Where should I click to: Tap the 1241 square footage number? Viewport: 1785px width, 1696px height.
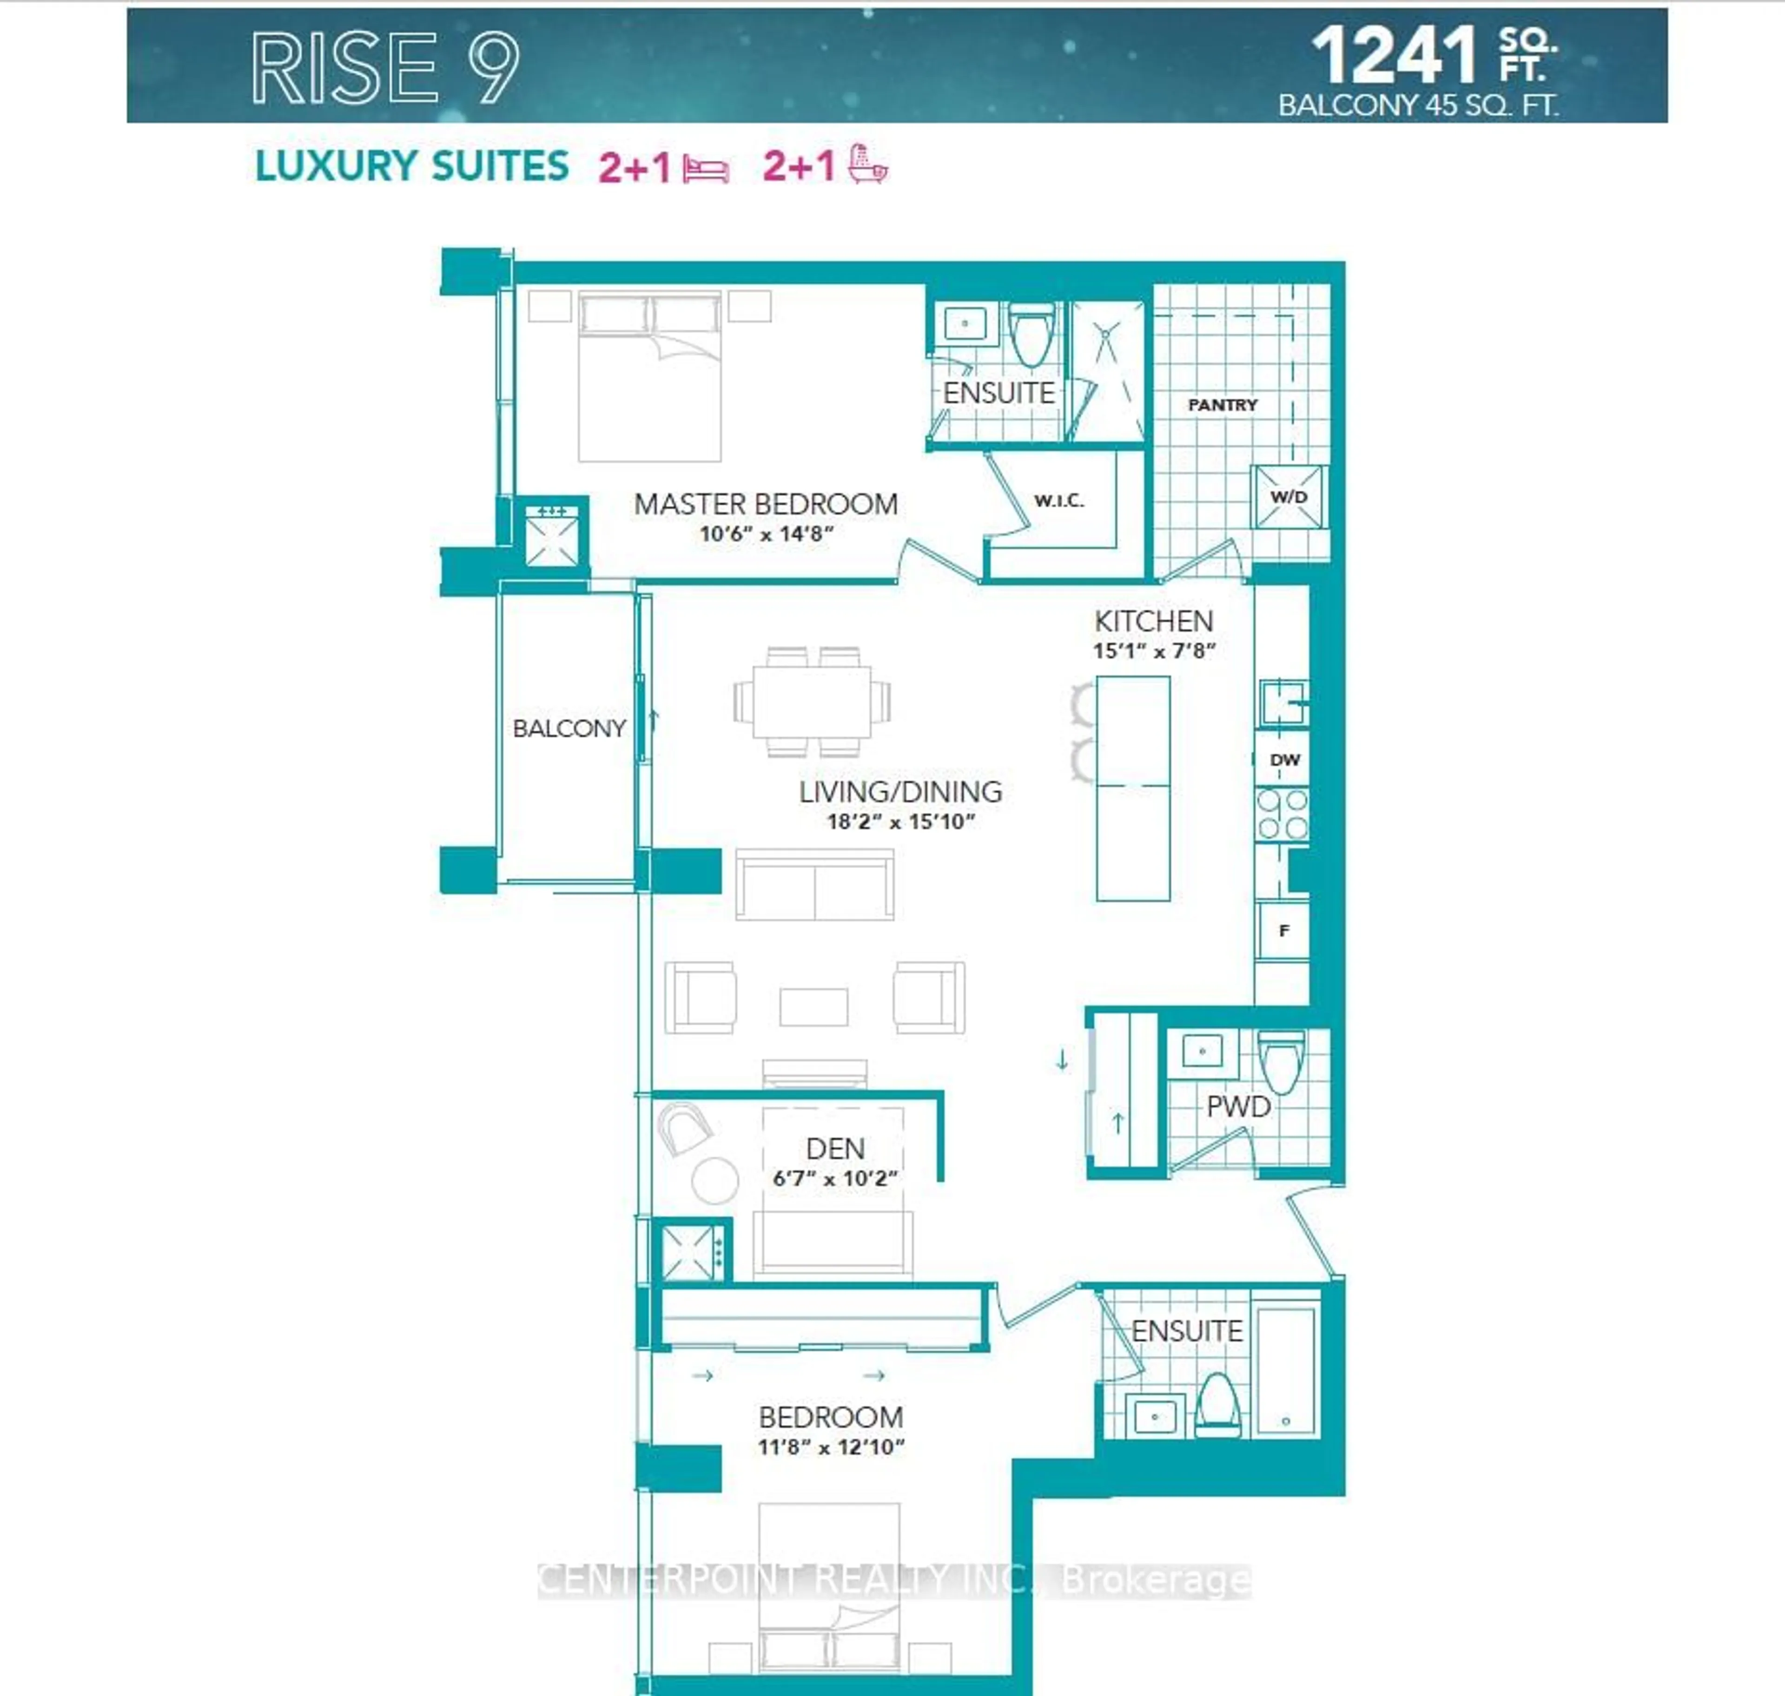coord(1394,56)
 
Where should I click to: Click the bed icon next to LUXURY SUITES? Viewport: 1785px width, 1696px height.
coord(705,169)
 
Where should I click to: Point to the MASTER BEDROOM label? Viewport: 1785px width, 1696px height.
coord(765,504)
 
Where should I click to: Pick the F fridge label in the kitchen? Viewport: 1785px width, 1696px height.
coord(1283,930)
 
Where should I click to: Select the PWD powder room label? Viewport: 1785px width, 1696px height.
coord(1238,1106)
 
